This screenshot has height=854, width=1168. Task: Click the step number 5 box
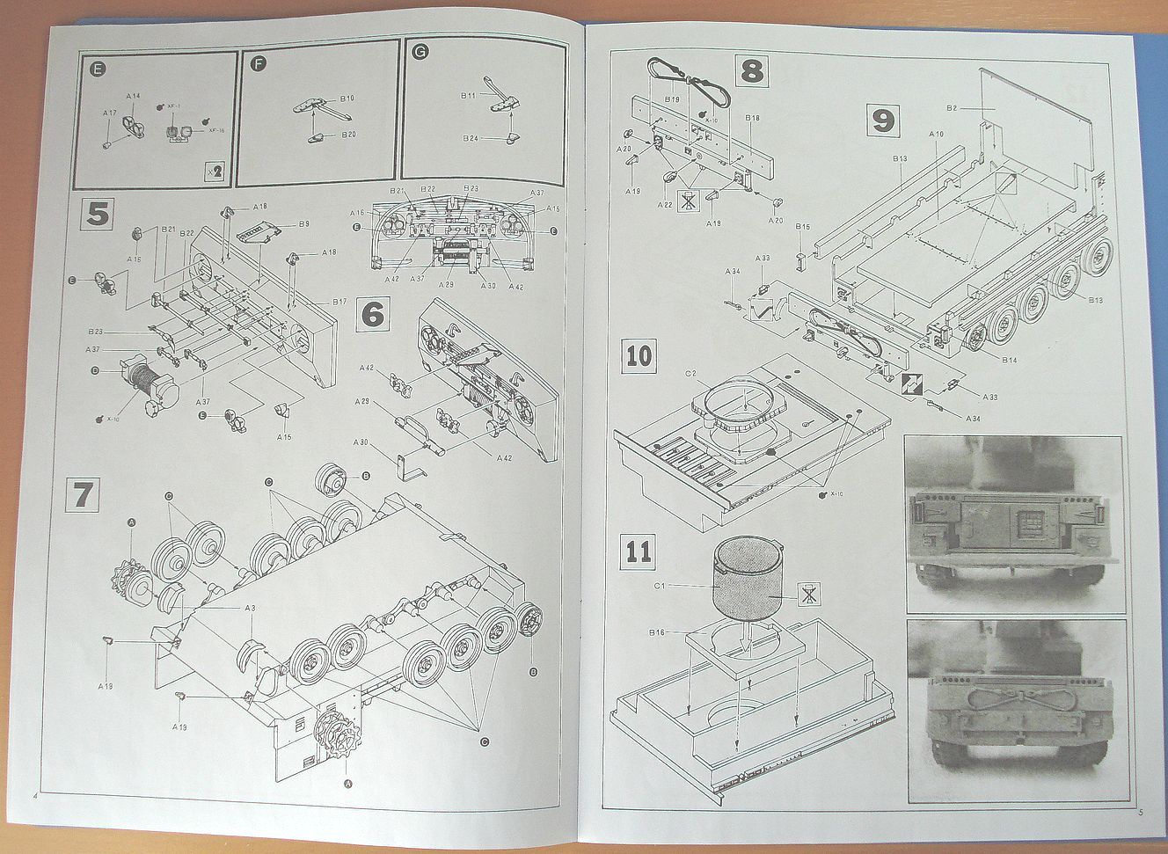point(99,216)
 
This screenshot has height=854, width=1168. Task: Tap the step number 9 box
point(883,120)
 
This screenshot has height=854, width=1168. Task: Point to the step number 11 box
point(639,552)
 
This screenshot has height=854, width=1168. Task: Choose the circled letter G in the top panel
point(420,55)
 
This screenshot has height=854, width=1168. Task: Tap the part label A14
point(133,94)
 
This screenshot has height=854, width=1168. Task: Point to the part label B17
point(339,303)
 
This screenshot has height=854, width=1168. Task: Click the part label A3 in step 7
point(250,608)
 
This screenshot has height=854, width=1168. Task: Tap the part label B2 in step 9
point(951,108)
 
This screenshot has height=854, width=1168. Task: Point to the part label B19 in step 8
point(673,100)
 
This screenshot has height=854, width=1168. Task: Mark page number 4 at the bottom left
point(34,796)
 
